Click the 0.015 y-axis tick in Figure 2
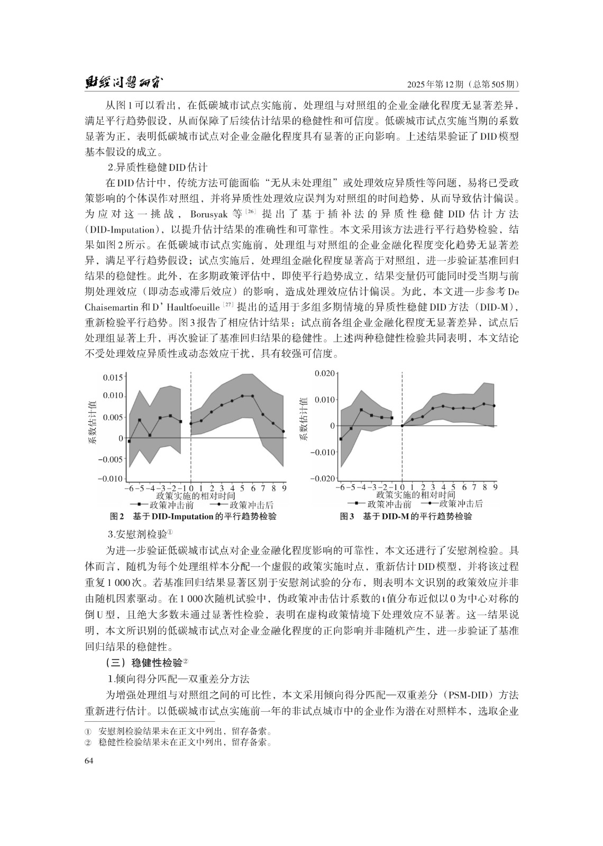point(113,377)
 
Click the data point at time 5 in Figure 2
point(242,396)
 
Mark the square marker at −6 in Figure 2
point(129,440)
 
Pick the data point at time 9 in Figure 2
point(284,431)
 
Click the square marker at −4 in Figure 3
point(361,410)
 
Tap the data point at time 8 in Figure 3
point(483,404)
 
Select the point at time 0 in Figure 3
point(403,426)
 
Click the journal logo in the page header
point(125,84)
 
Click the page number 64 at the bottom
point(89,760)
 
